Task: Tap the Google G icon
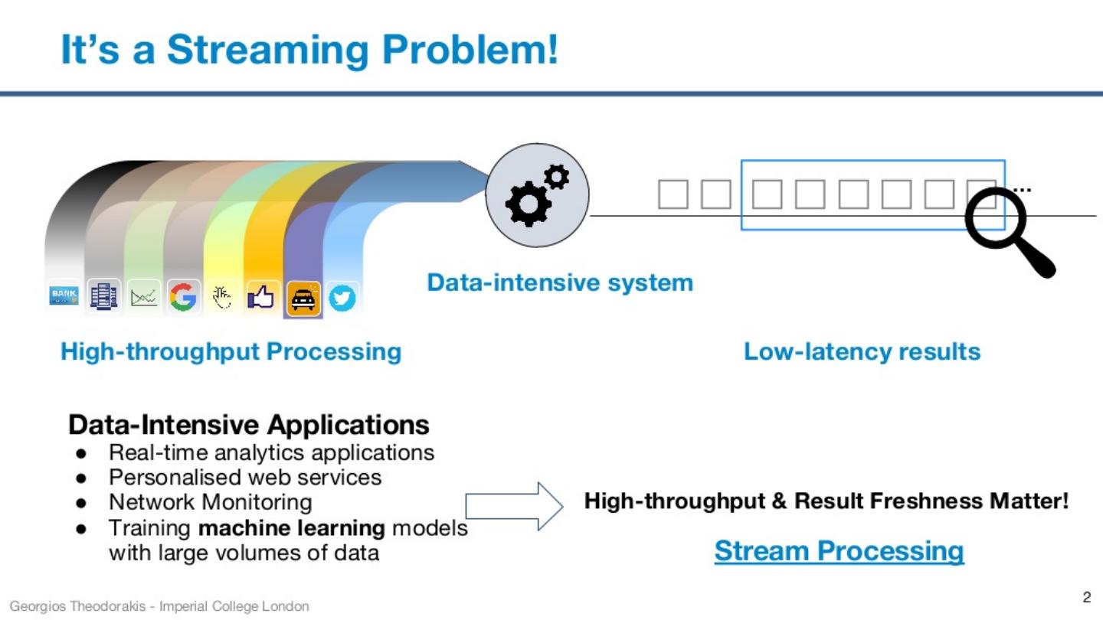point(183,296)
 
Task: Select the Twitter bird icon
point(342,298)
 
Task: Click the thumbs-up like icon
point(261,297)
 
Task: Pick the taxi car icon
point(303,299)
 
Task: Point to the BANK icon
point(64,295)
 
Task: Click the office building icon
point(103,295)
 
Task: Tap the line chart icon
point(143,297)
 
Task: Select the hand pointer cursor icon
point(222,297)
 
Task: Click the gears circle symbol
point(538,195)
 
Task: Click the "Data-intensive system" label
point(560,282)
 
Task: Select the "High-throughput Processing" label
point(231,352)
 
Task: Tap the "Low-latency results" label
point(862,352)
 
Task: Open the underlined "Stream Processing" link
point(839,550)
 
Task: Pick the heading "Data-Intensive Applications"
point(249,424)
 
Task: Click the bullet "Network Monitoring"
point(210,502)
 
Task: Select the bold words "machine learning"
point(291,527)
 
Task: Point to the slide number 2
point(1086,597)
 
